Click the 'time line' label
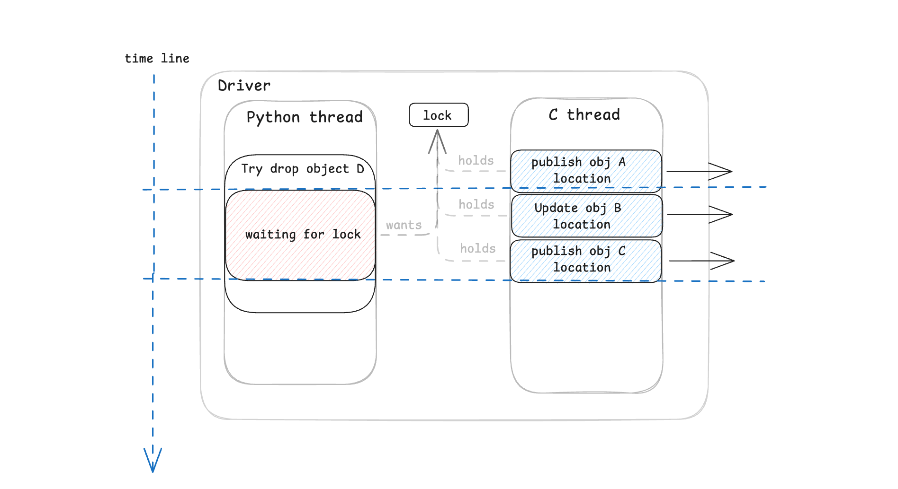[157, 58]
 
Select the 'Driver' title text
[244, 86]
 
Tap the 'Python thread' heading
[305, 117]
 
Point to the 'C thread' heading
[584, 114]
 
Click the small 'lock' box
[439, 115]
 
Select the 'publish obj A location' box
[586, 171]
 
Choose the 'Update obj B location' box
[587, 216]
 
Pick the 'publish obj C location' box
[585, 261]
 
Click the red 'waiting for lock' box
[300, 235]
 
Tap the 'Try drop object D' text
[303, 169]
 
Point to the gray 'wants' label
[404, 225]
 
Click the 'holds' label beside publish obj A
[476, 161]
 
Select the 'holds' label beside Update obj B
[476, 205]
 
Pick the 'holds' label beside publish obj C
[477, 249]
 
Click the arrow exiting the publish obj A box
[699, 171]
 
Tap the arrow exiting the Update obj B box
[700, 215]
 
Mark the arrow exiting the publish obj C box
[701, 261]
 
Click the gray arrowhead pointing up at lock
[437, 141]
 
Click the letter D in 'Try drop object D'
[360, 168]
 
